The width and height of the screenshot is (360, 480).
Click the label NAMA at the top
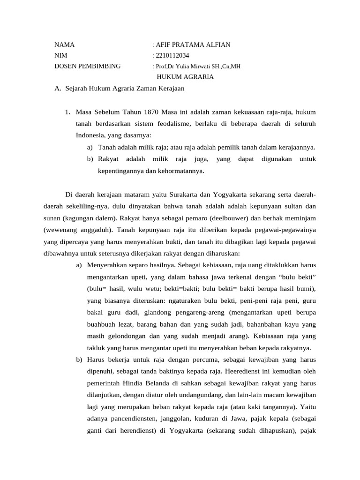point(65,45)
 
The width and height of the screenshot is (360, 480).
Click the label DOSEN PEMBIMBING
point(88,66)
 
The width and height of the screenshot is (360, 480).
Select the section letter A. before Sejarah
point(58,88)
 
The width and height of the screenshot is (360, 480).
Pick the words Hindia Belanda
point(138,383)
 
